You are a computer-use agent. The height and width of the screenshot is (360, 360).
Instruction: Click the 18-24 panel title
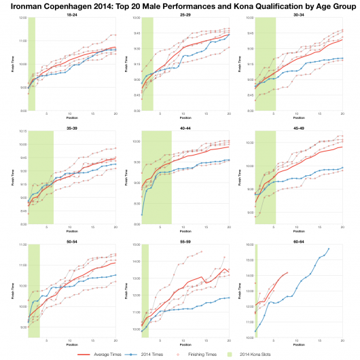71,14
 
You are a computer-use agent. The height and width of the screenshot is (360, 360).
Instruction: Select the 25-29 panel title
185,14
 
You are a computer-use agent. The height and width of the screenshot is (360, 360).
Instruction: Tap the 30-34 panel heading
298,14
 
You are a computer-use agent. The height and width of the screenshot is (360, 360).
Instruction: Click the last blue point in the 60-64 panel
329,249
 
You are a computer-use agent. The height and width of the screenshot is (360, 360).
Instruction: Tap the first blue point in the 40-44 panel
141,215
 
